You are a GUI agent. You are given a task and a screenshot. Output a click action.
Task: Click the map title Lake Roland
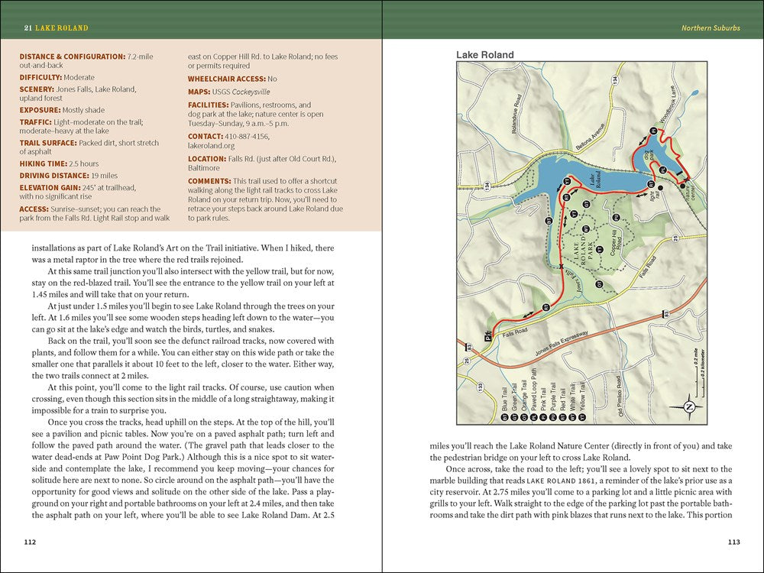pyautogui.click(x=484, y=55)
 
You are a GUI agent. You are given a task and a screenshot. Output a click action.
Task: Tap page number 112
pyautogui.click(x=30, y=542)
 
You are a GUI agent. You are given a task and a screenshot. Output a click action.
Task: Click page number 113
pyautogui.click(x=733, y=542)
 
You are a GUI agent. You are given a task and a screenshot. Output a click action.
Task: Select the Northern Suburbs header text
pyautogui.click(x=711, y=28)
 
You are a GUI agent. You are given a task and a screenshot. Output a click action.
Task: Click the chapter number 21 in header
pyautogui.click(x=27, y=28)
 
